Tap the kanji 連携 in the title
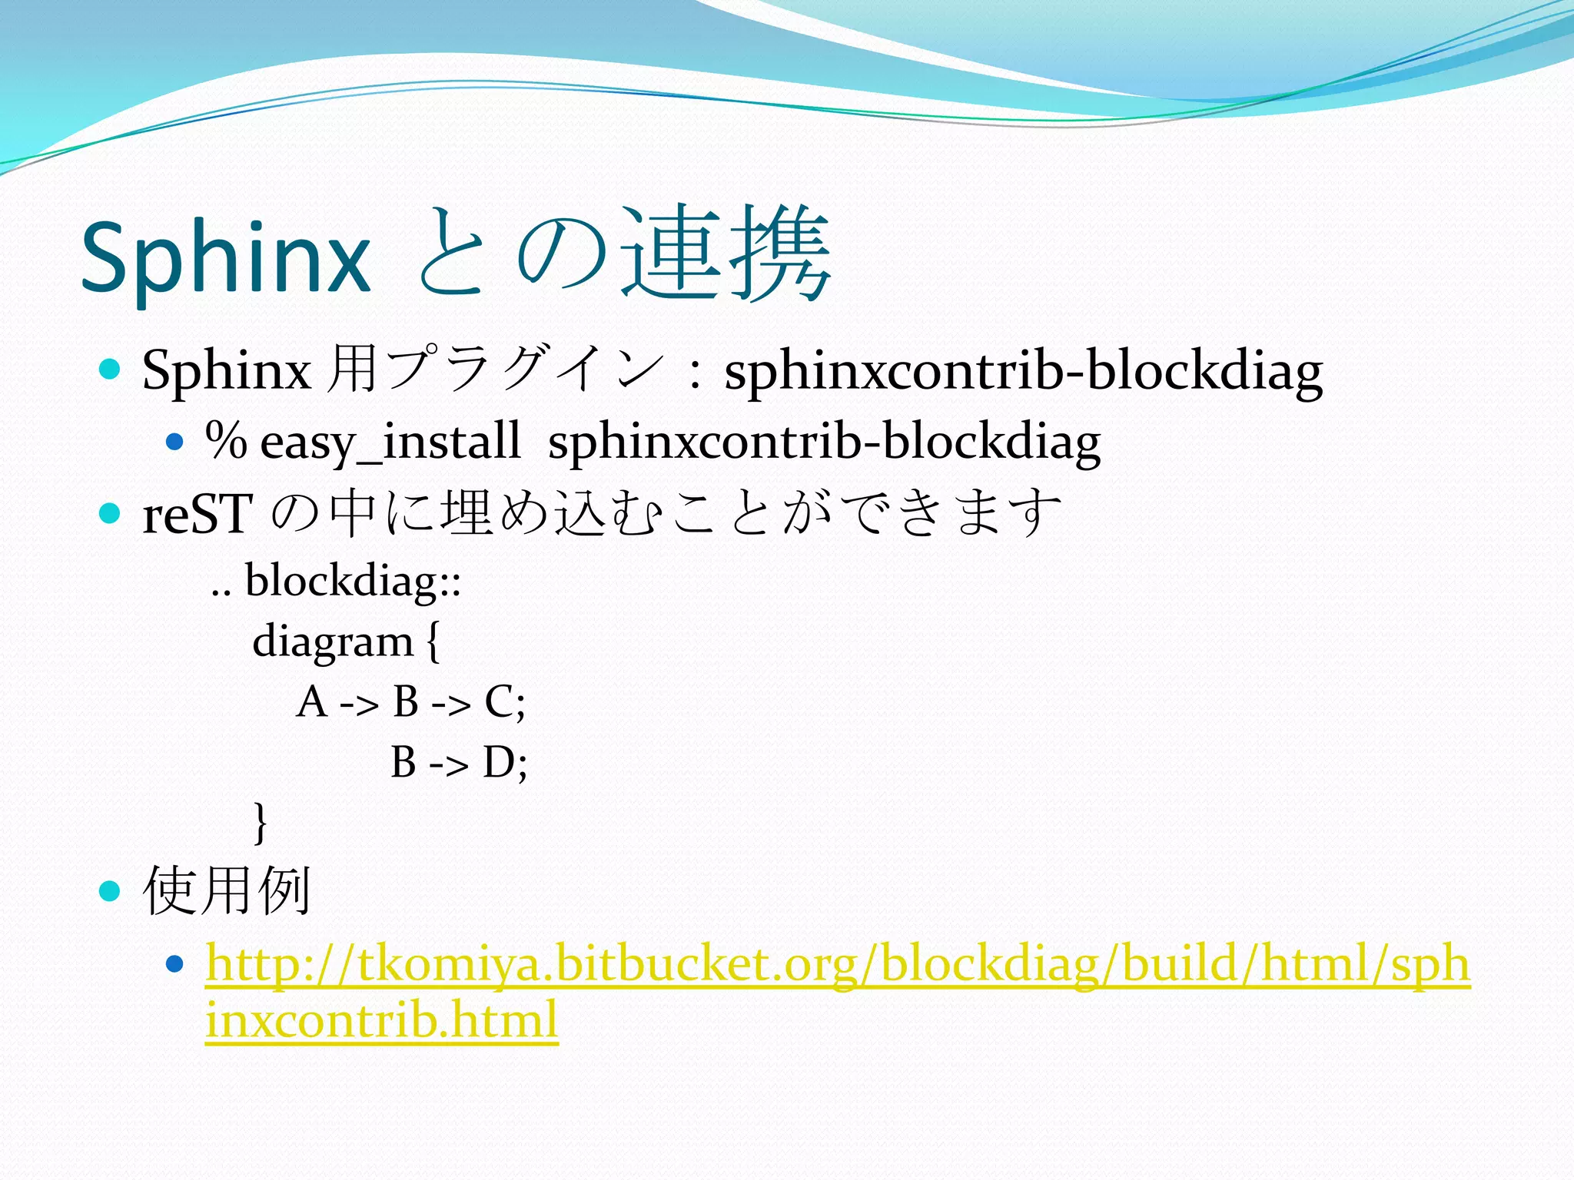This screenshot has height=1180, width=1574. tap(726, 254)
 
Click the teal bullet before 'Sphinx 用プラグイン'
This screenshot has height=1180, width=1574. tap(111, 370)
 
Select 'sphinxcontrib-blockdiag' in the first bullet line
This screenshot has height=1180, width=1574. tap(1023, 372)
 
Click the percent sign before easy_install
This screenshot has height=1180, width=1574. tap(226, 440)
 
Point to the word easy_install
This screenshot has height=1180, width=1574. tap(390, 442)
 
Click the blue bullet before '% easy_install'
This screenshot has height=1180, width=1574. tap(175, 442)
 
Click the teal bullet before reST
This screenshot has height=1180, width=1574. tap(111, 512)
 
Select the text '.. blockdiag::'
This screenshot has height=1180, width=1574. tap(336, 581)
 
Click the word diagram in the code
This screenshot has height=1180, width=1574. tap(333, 642)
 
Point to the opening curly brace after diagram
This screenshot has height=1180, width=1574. tap(433, 642)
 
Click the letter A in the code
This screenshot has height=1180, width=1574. tap(311, 701)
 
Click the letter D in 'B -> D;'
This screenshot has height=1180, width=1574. tap(499, 762)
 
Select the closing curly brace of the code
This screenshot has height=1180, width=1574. tap(261, 822)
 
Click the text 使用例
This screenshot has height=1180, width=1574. tap(227, 891)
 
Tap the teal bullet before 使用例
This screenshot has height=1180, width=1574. tap(111, 890)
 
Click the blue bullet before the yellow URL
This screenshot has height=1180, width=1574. tap(175, 963)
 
